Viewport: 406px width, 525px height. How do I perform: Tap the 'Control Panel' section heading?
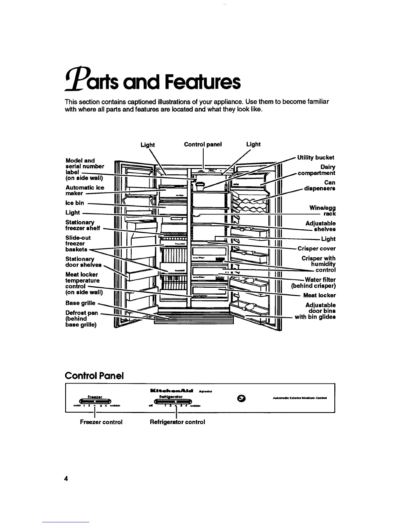94,376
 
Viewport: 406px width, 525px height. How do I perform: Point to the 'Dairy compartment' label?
317,170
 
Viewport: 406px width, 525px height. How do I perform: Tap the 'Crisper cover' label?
316,249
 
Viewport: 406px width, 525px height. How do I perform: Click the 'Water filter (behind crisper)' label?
314,283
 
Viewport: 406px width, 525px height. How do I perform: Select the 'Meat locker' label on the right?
319,295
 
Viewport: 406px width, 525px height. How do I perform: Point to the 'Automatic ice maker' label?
85,190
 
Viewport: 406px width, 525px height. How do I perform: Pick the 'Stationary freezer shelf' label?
83,225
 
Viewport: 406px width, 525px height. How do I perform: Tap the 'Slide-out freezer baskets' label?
78,243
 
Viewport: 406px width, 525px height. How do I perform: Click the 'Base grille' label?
80,303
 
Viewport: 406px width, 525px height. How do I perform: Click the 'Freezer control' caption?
101,422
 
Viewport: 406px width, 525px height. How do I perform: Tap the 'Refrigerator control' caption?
177,422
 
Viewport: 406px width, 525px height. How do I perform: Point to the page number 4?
66,479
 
